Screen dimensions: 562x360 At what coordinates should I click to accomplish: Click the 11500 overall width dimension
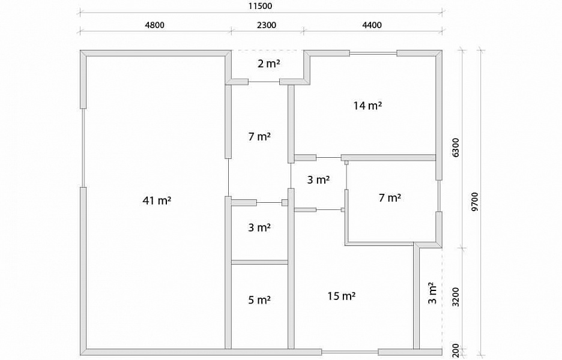point(260,6)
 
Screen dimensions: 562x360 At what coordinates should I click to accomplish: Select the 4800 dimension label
point(154,25)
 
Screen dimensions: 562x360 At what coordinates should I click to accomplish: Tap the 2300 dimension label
point(267,25)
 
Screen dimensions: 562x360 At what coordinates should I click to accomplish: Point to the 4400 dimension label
point(372,25)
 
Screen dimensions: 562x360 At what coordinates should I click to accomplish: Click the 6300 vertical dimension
point(456,147)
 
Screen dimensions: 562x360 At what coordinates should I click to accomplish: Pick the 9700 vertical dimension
point(475,202)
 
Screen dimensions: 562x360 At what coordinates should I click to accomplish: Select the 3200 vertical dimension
point(456,297)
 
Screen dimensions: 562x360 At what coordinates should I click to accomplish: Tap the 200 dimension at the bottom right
point(456,350)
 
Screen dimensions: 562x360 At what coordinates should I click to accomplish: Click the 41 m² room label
point(157,200)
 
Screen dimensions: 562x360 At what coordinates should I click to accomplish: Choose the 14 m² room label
point(367,106)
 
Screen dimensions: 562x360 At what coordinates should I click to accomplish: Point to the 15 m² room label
point(341,296)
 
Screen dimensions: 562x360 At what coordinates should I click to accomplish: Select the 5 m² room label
point(259,300)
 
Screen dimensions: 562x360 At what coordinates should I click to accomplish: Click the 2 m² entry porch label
point(269,64)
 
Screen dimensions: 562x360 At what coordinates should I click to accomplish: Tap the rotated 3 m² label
point(433,293)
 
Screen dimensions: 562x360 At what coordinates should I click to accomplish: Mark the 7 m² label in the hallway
point(259,136)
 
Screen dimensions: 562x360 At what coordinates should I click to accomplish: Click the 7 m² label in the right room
point(390,197)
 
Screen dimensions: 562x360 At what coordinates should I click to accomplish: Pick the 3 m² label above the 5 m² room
point(259,227)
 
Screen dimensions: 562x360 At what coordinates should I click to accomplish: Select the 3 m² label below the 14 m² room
point(318,179)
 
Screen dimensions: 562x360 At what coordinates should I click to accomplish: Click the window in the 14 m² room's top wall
point(373,53)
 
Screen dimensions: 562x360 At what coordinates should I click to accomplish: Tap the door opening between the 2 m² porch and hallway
point(264,82)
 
